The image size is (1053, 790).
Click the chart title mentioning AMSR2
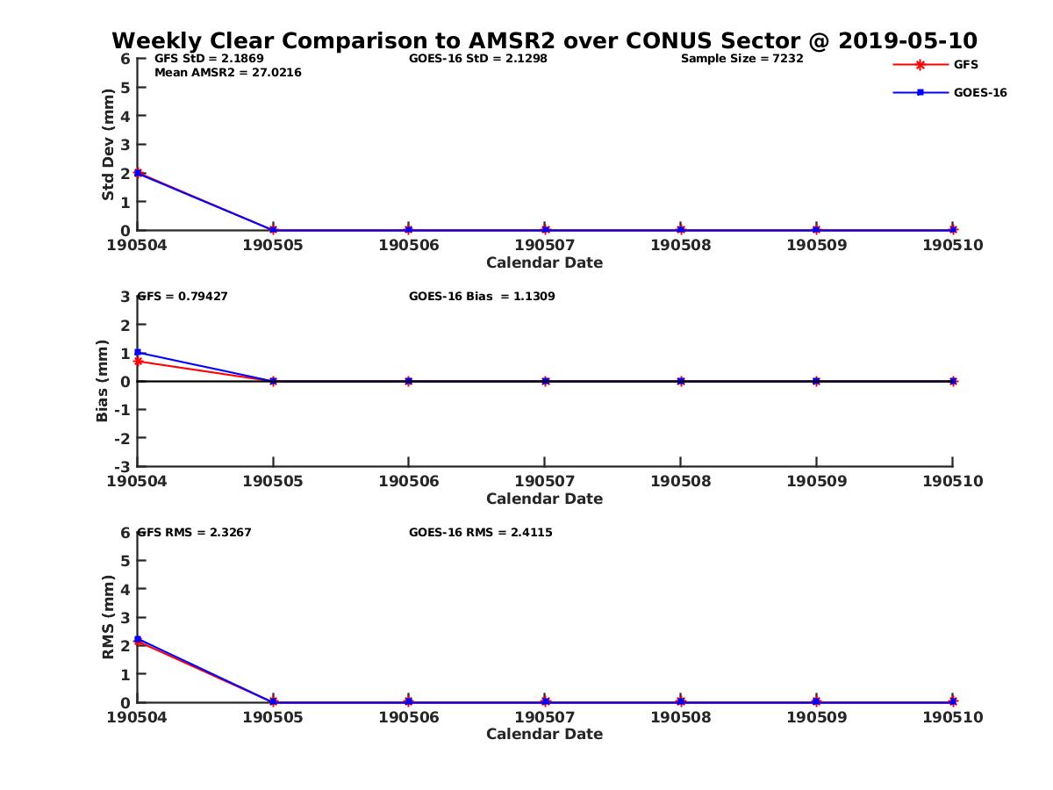pos(544,40)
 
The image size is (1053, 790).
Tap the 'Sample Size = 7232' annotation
pos(741,59)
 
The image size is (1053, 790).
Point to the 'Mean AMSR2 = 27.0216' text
pos(227,73)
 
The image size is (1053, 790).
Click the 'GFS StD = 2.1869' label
pos(209,59)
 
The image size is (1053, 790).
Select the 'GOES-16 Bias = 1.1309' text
pos(482,297)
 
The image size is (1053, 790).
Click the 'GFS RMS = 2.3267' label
pos(194,532)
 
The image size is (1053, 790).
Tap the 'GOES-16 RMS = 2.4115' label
pos(480,532)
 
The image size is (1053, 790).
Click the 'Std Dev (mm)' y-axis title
pos(108,145)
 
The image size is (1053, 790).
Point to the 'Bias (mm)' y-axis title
pos(103,381)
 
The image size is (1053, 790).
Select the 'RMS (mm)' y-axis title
pos(108,617)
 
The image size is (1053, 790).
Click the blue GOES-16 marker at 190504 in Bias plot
pos(138,352)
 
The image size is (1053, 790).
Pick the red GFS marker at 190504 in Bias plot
pos(138,361)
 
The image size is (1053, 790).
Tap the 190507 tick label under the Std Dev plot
pos(544,245)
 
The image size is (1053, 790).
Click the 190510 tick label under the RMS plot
pos(952,717)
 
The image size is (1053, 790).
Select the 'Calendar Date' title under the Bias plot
pos(544,499)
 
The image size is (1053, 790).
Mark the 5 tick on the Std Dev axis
pos(125,87)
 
